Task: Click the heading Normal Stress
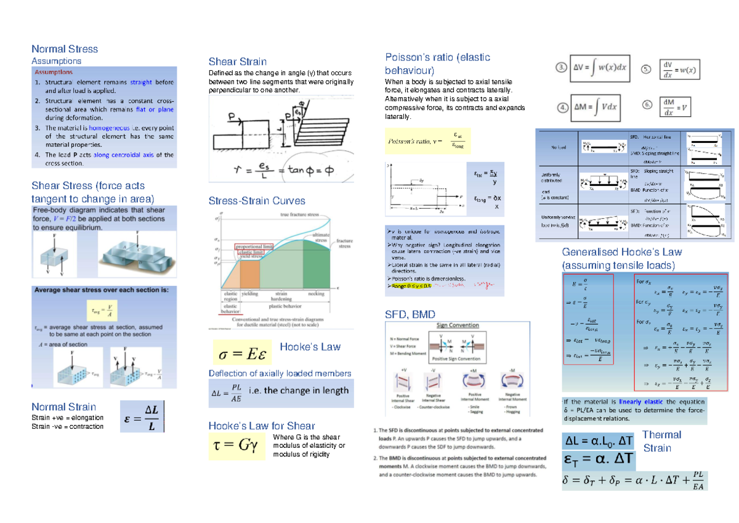pos(65,49)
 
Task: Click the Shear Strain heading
pos(237,61)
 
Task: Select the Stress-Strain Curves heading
pos(257,200)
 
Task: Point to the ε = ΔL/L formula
pos(142,417)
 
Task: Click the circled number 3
pos(561,67)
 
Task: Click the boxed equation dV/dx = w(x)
pos(680,70)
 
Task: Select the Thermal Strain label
pos(662,441)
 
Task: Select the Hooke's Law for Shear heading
pos(262,426)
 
